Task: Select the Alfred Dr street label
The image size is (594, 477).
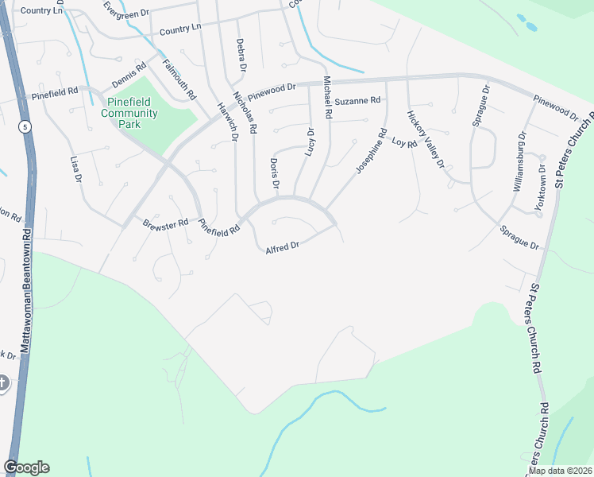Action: (x=282, y=247)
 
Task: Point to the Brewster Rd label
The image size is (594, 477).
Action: (x=165, y=224)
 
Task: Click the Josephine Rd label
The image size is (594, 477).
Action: (x=371, y=152)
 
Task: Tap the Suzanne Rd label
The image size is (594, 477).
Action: (x=357, y=101)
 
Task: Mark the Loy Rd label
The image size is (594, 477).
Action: (x=404, y=143)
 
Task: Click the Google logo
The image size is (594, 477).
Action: (x=26, y=467)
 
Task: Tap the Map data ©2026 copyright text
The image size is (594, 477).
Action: (x=559, y=471)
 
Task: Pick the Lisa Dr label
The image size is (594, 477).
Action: (x=77, y=169)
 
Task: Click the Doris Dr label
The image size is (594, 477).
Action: (x=274, y=173)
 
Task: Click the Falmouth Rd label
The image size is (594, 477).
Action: (x=179, y=79)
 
